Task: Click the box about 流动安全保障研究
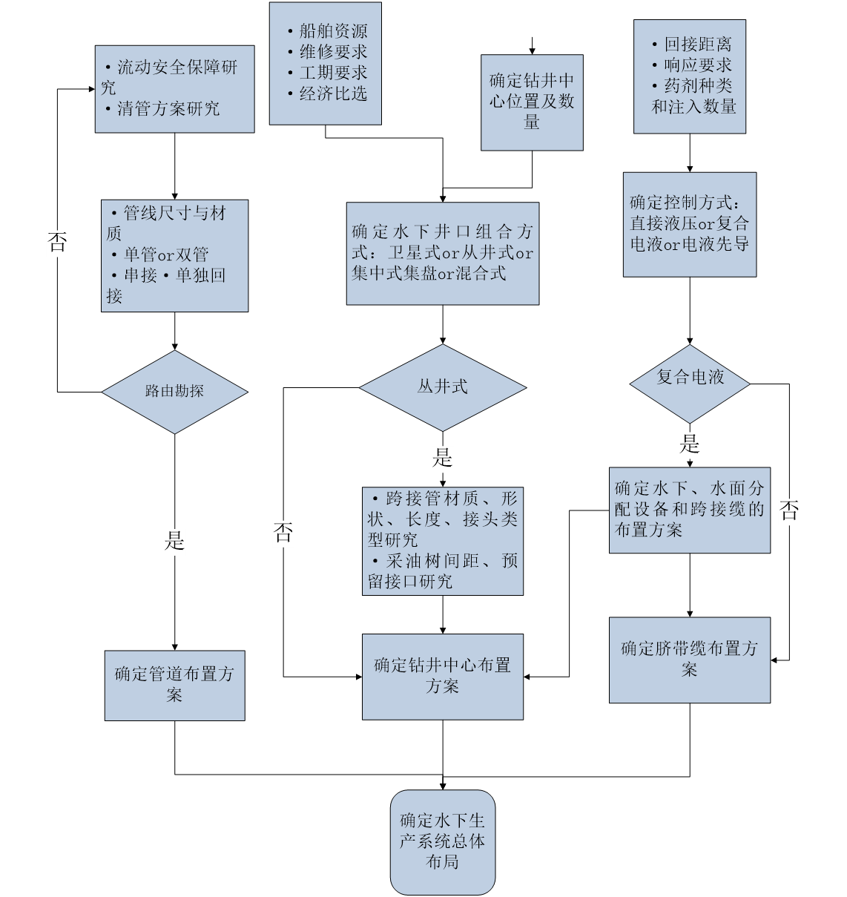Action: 174,89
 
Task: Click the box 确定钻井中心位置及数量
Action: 532,102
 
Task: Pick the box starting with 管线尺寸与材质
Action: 174,255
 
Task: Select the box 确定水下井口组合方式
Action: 442,254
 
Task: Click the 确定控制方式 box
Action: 689,224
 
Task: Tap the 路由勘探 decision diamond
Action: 174,392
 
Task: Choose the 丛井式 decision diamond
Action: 442,387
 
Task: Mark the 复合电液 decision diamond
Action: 690,383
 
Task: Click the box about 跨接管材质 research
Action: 442,540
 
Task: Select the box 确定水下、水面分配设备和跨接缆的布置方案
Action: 689,510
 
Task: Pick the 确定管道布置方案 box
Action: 174,685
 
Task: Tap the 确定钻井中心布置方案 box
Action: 442,676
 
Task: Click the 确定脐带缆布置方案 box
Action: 689,660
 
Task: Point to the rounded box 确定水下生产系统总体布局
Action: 442,841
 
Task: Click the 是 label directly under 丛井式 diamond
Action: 443,459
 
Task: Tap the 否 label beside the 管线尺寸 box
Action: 57,243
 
